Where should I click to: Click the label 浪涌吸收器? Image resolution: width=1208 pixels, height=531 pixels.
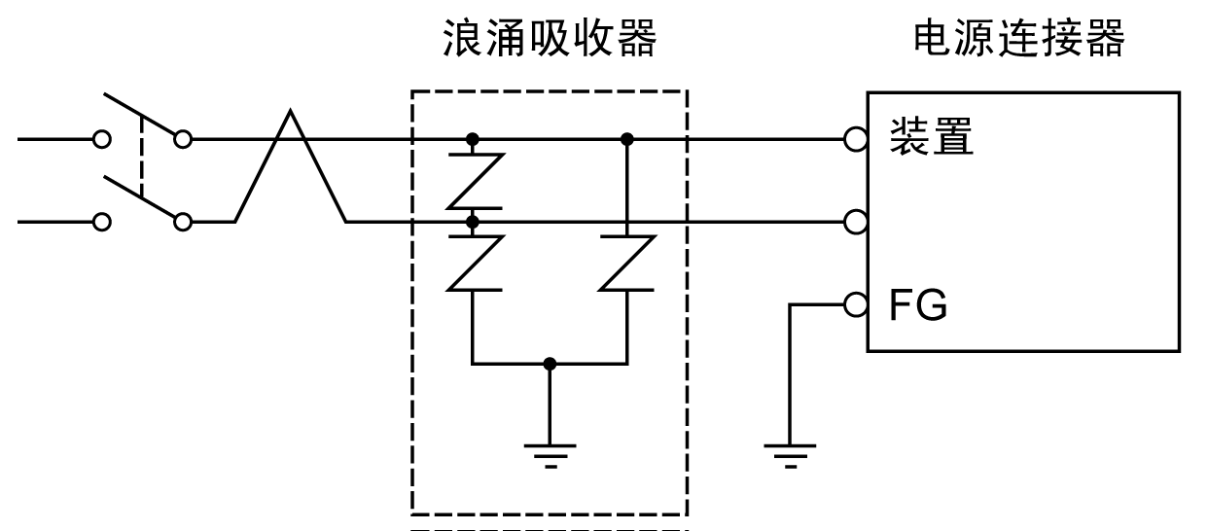pyautogui.click(x=549, y=39)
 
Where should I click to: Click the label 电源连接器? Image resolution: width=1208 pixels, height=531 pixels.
pyautogui.click(x=1019, y=39)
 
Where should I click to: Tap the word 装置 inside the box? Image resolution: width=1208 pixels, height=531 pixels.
pyautogui.click(x=932, y=140)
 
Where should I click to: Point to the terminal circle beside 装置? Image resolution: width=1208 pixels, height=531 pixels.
pyautogui.click(x=855, y=140)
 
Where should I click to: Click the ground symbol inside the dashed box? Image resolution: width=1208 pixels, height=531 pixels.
pyautogui.click(x=550, y=452)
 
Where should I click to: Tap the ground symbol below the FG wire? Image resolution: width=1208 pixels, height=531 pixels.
pyautogui.click(x=790, y=452)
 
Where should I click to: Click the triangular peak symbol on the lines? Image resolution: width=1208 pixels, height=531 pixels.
pyautogui.click(x=290, y=165)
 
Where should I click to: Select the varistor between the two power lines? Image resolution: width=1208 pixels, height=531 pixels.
pyautogui.click(x=473, y=180)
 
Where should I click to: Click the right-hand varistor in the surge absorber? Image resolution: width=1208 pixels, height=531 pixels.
pyautogui.click(x=626, y=263)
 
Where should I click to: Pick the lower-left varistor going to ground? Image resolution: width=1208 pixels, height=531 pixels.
pyautogui.click(x=473, y=263)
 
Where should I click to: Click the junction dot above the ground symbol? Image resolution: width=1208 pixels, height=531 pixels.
pyautogui.click(x=550, y=364)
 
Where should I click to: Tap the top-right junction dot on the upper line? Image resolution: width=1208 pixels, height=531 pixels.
pyautogui.click(x=626, y=139)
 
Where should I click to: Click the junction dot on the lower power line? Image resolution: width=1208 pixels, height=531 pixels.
pyautogui.click(x=473, y=222)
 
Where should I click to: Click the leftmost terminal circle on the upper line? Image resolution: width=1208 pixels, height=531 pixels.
pyautogui.click(x=101, y=139)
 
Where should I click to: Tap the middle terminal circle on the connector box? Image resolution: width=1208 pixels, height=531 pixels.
pyautogui.click(x=855, y=222)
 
